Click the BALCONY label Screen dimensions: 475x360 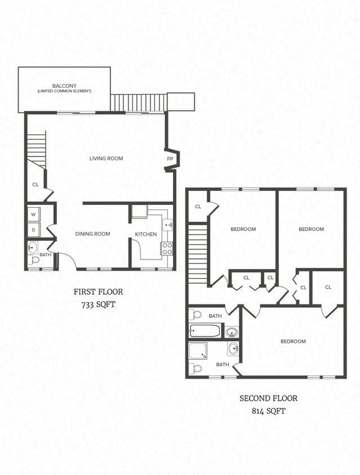[x=64, y=86]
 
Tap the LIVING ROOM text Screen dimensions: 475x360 [x=106, y=159]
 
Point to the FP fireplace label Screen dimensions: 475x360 [x=170, y=159]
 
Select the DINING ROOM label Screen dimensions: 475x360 [x=92, y=234]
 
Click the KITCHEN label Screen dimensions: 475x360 [x=145, y=234]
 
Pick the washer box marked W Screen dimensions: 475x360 [x=33, y=214]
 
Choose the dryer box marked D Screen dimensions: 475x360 [x=33, y=230]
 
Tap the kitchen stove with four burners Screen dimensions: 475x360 [x=167, y=248]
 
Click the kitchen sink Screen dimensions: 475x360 [x=167, y=225]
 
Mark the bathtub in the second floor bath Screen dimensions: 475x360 [x=206, y=331]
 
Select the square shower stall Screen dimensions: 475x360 [x=198, y=351]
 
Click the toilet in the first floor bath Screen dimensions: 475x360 [x=34, y=261]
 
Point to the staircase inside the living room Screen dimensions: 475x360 [x=37, y=149]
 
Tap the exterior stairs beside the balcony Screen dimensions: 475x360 [x=139, y=103]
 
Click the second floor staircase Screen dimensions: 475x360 [x=198, y=254]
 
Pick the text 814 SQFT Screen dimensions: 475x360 [x=268, y=411]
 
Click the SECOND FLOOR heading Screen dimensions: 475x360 [x=268, y=398]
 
